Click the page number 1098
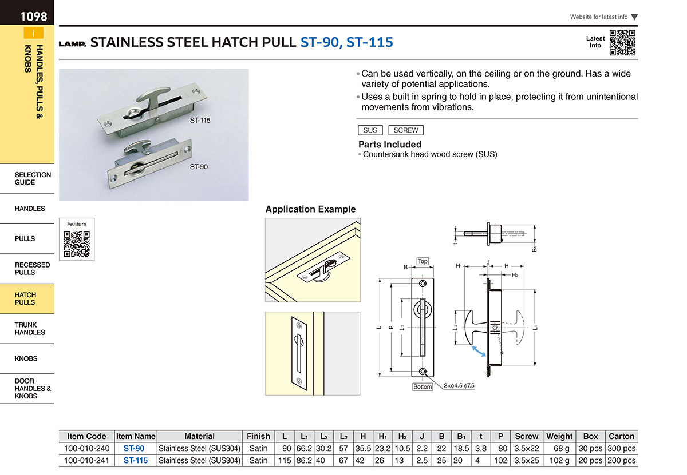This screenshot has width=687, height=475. tap(34, 17)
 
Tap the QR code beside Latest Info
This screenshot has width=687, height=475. tap(622, 42)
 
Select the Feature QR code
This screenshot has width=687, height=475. tap(77, 244)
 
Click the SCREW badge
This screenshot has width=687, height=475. tap(406, 130)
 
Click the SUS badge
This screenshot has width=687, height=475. tap(370, 130)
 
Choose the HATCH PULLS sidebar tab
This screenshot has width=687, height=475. tap(27, 298)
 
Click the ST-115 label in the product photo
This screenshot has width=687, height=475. tap(200, 121)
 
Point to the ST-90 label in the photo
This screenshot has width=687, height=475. tap(199, 167)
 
